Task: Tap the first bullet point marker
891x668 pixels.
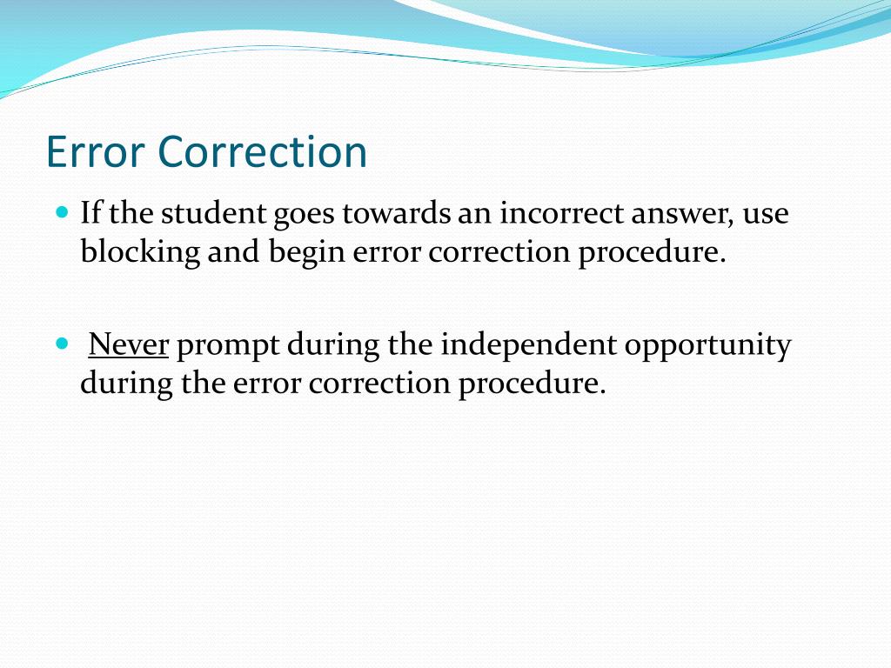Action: coord(61,211)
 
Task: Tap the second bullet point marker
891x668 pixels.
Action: coord(61,344)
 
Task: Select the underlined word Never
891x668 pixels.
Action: coord(128,345)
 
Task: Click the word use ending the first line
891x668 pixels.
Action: coord(767,215)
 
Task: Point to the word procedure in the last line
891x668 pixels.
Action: coord(531,384)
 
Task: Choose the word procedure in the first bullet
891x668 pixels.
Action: coord(652,252)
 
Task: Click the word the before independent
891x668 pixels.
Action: coord(409,345)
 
